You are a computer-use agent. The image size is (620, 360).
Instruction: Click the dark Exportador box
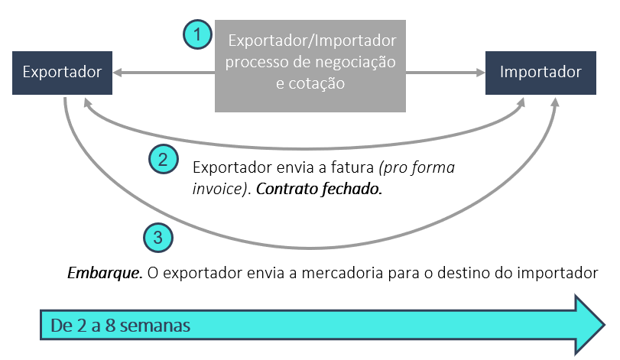[x=62, y=73]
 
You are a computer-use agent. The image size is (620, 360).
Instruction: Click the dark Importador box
[x=540, y=73]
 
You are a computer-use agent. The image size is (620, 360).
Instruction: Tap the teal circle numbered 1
[x=198, y=34]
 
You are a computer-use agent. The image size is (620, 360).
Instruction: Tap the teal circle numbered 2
[x=163, y=160]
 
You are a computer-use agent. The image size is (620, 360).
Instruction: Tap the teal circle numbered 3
[x=158, y=238]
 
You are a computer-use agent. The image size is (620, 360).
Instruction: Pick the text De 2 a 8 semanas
[x=120, y=325]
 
